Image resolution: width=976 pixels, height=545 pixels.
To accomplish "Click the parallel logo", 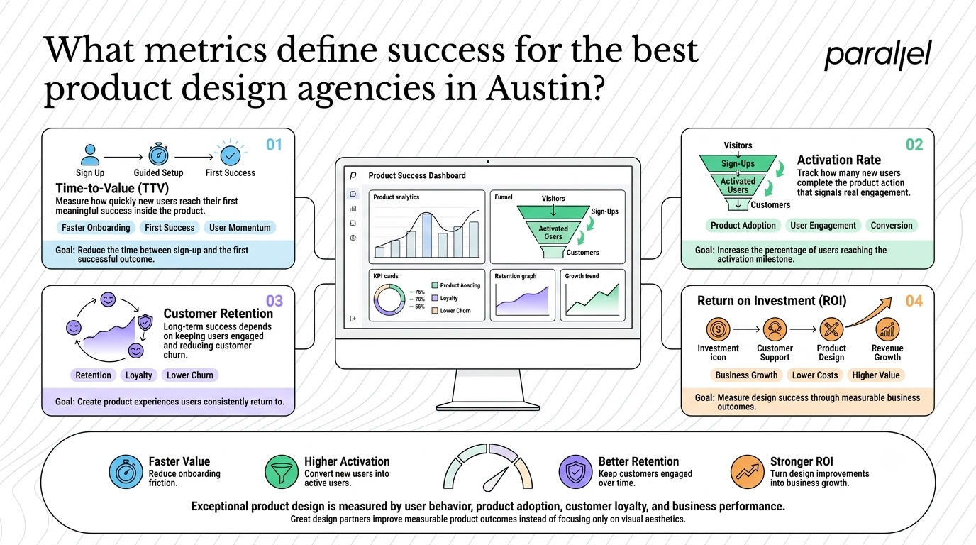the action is (x=878, y=55).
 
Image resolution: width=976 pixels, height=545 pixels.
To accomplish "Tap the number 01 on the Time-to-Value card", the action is (x=274, y=145).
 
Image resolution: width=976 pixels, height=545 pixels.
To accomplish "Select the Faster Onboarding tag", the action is (x=96, y=228).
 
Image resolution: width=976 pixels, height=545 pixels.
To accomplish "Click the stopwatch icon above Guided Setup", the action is (x=158, y=154).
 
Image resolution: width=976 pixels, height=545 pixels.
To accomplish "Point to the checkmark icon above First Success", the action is (x=231, y=155).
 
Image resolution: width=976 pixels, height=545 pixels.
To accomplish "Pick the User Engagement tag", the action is (x=823, y=226).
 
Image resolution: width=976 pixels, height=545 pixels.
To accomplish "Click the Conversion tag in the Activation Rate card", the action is (x=892, y=226).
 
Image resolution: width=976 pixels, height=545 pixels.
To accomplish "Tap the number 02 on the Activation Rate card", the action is (x=914, y=145).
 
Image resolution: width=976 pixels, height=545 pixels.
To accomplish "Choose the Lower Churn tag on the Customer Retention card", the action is (x=190, y=375).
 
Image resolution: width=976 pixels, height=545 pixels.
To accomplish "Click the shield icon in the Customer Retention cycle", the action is (x=145, y=323).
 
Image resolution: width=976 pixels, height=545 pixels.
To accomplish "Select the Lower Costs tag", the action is (x=815, y=375).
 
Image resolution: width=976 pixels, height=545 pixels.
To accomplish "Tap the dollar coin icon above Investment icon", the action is (x=718, y=329).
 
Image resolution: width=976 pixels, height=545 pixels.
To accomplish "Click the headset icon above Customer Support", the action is (x=775, y=329).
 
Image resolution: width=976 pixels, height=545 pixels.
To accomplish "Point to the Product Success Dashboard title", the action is (x=417, y=176).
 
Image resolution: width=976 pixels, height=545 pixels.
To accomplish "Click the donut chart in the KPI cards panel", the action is (x=389, y=299).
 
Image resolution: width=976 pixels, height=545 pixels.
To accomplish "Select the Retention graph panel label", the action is (x=516, y=276).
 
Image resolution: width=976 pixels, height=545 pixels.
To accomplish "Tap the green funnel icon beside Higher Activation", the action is (x=282, y=472).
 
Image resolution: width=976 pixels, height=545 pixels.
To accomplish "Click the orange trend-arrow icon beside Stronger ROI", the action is (x=748, y=472).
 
